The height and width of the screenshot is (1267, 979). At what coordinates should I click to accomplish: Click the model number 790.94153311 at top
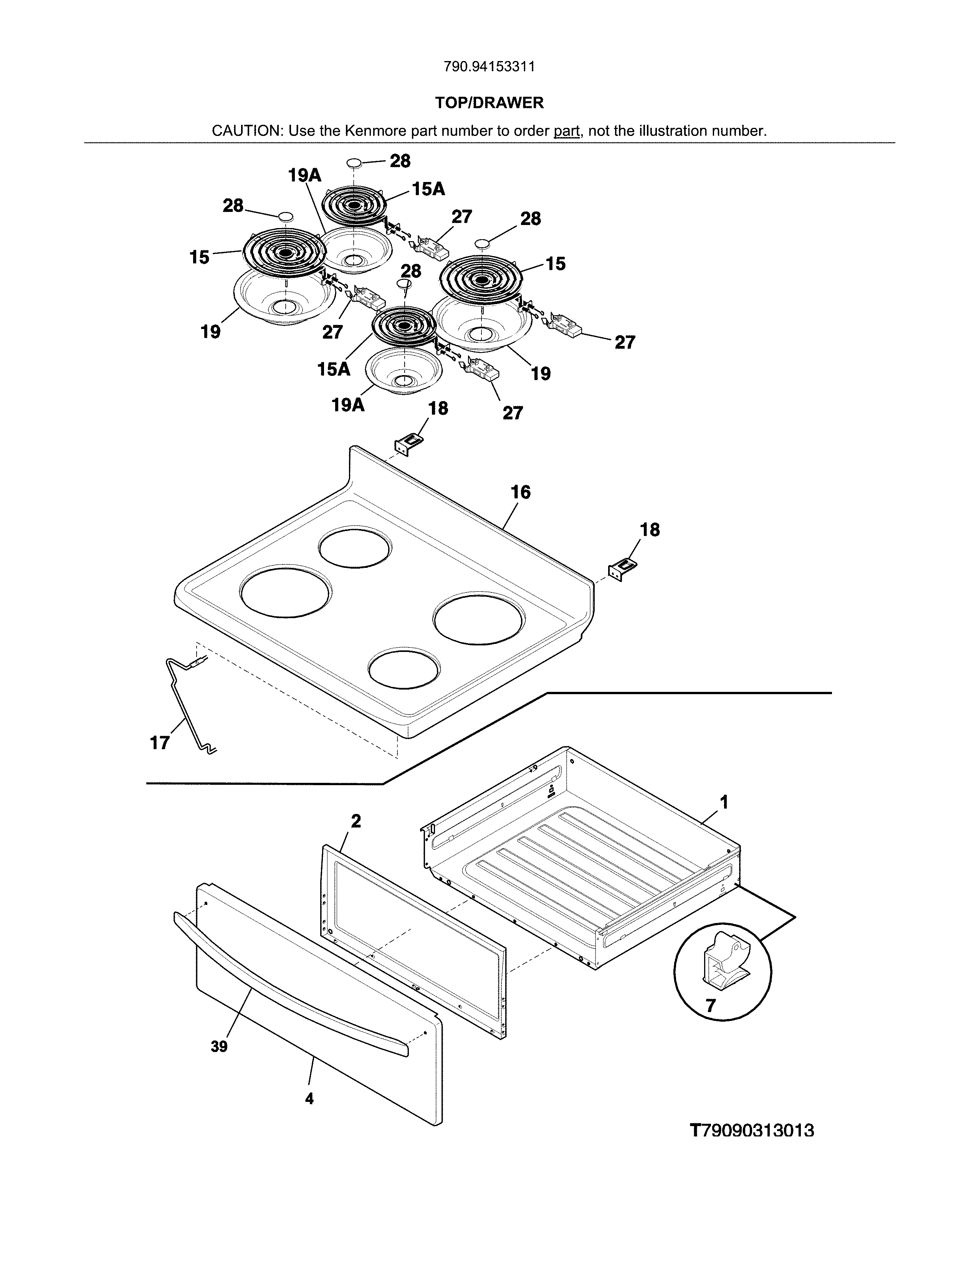[489, 67]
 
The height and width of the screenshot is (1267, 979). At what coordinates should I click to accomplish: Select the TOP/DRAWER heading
[489, 103]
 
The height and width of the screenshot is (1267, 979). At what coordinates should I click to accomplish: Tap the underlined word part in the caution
[567, 131]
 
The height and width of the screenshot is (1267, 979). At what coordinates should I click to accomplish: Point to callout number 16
[520, 492]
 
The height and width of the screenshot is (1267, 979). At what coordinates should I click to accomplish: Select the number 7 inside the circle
[711, 1005]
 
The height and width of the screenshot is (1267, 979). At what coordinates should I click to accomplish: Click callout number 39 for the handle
[219, 1047]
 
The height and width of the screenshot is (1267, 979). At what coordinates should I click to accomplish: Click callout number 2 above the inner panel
[356, 821]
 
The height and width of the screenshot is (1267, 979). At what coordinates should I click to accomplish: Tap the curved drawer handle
[290, 981]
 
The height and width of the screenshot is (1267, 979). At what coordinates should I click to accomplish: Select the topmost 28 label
[400, 161]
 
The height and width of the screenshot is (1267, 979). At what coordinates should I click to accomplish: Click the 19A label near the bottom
[348, 404]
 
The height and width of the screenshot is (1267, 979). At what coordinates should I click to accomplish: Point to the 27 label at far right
[625, 342]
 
